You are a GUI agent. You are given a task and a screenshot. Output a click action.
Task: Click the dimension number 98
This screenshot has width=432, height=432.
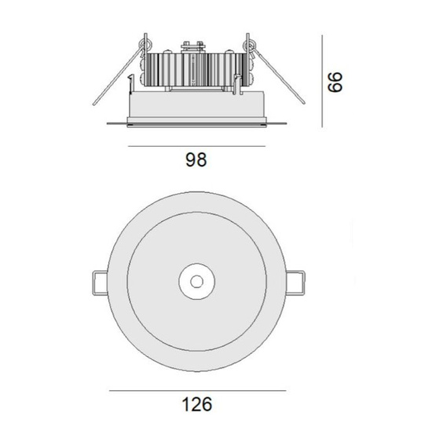[196, 159]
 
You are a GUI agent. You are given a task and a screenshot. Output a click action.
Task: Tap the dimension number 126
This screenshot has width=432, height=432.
[197, 405]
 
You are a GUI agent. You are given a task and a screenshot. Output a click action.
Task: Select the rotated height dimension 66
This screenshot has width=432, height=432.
[335, 82]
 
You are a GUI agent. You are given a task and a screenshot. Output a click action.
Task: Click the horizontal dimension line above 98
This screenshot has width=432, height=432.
[196, 146]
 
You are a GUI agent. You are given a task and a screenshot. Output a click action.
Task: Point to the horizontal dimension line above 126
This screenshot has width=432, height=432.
[197, 390]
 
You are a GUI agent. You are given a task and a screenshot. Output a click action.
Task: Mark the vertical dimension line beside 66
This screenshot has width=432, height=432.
[322, 81]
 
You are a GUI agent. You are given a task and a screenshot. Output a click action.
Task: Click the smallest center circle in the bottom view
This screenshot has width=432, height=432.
[196, 281]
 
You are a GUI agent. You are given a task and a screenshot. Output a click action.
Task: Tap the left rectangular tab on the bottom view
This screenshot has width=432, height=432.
[100, 283]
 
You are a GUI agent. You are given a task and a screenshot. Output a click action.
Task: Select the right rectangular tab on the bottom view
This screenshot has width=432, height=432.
[295, 283]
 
